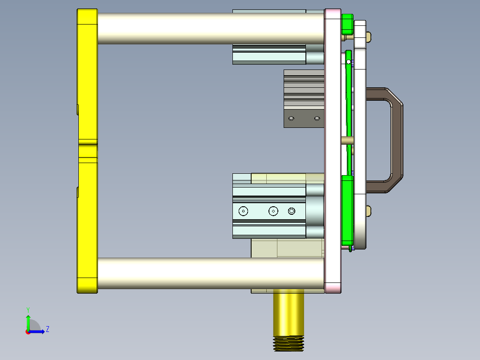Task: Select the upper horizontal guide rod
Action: [209, 28]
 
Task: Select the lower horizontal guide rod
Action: [209, 273]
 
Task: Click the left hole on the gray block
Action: [291, 119]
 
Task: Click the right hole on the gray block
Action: [317, 119]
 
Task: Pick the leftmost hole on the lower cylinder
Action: [243, 211]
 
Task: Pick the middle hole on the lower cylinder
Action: [273, 211]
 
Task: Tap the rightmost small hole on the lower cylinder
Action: [292, 211]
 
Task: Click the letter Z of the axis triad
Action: [47, 329]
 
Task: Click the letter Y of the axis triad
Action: [28, 309]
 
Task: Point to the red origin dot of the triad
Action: [28, 331]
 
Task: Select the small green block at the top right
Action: [347, 24]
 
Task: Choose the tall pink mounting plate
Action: [333, 151]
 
